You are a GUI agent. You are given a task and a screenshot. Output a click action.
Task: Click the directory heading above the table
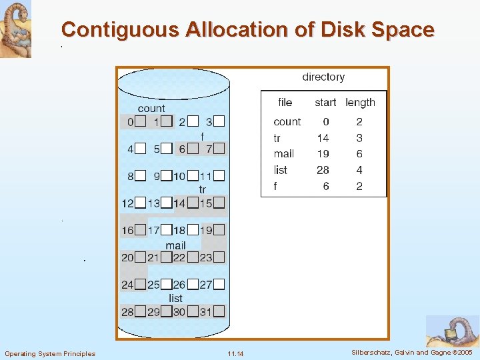tap(323, 77)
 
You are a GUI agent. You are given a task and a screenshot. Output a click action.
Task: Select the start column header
tap(325, 102)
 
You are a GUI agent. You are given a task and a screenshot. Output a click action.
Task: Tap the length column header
tap(360, 102)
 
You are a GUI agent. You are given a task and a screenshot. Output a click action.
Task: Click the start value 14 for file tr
tap(323, 138)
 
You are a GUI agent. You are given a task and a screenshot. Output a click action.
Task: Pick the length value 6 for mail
tap(359, 154)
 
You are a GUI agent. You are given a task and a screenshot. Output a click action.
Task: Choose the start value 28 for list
tap(323, 170)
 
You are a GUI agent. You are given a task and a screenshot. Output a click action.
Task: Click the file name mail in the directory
tap(283, 154)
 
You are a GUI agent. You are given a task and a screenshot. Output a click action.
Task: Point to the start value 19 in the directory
tap(323, 154)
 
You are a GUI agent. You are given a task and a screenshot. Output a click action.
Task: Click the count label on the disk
tap(151, 108)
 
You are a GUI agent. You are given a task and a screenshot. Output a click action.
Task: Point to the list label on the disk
tap(175, 298)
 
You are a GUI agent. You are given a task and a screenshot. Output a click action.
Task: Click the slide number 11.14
tap(235, 353)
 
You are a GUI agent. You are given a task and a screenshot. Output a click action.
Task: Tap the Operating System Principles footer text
tap(50, 353)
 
